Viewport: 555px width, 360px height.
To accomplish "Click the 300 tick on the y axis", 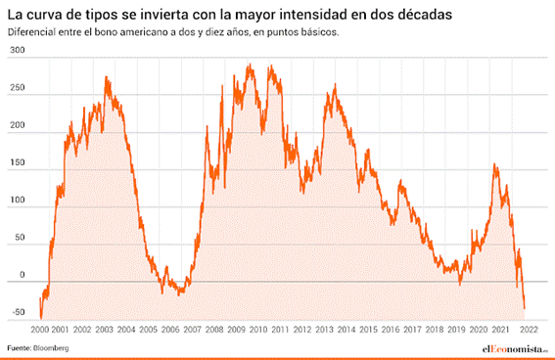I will [x=16, y=62].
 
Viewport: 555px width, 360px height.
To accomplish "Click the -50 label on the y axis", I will [x=16, y=313].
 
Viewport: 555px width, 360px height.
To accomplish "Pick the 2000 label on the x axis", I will [x=39, y=331].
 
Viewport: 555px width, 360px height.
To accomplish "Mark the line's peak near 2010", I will [x=251, y=66].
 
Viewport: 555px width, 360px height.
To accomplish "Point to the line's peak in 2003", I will [x=107, y=76].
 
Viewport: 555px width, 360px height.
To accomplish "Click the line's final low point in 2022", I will [x=524, y=309].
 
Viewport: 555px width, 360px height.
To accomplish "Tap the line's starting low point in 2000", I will [x=41, y=318].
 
